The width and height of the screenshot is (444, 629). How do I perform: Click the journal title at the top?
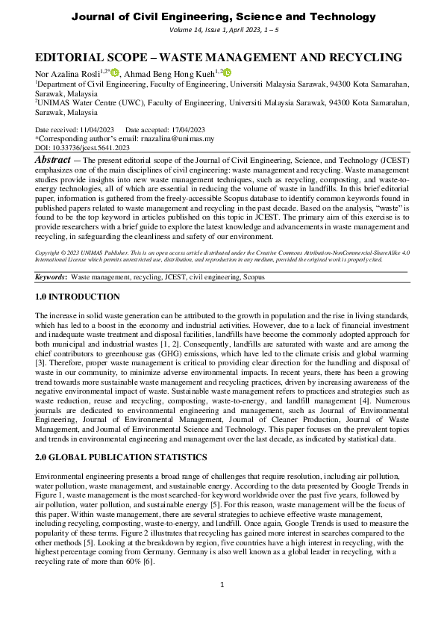[x=222, y=16]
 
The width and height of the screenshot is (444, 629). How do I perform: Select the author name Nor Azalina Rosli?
[x=68, y=73]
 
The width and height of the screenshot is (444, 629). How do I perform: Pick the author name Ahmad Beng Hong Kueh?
[x=172, y=73]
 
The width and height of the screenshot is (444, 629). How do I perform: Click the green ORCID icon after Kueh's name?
[x=227, y=72]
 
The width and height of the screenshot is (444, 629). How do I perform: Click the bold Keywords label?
[x=51, y=277]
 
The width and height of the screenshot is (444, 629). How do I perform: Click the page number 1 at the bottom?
[x=222, y=604]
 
